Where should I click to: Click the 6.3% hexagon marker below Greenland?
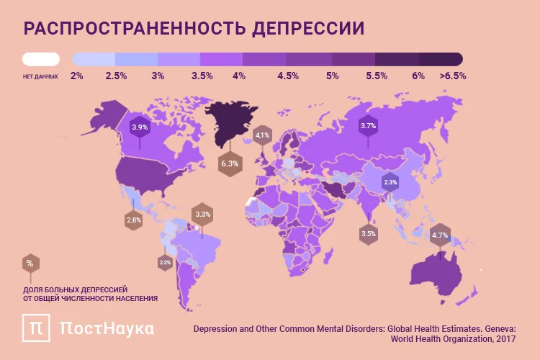230,164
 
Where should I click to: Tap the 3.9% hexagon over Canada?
139,127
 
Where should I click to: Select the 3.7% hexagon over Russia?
368,126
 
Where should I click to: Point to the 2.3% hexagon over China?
390,183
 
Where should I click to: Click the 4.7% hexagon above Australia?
440,235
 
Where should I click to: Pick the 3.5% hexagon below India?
369,234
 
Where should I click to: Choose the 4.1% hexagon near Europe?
262,135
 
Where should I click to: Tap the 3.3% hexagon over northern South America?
203,215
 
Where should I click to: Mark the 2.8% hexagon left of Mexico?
133,220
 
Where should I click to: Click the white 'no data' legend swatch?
41,58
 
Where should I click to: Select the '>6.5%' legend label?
452,76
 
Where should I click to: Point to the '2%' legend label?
77,76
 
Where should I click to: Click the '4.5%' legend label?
288,76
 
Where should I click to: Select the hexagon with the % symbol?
30,264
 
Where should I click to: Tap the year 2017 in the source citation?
505,338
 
